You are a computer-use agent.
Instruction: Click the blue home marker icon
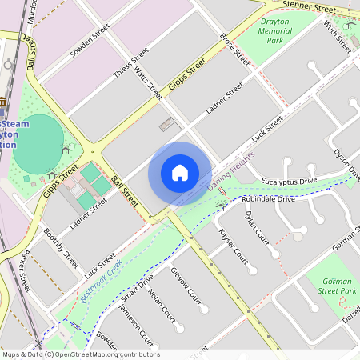(x=180, y=173)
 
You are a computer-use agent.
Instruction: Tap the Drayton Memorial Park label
(x=274, y=30)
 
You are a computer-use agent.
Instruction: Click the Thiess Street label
(x=132, y=65)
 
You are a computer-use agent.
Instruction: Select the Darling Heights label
(x=231, y=170)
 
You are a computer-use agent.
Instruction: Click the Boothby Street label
(x=61, y=248)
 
